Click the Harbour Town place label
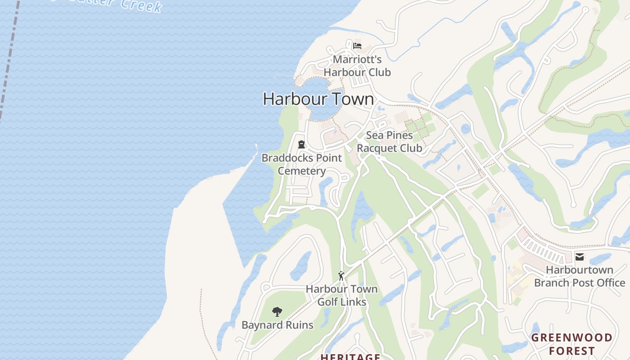click(318, 99)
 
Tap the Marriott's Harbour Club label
click(357, 66)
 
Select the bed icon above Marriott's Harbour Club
click(357, 45)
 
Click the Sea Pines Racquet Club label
click(389, 142)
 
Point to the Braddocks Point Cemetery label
click(301, 164)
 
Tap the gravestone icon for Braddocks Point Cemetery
click(301, 144)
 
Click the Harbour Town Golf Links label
click(342, 295)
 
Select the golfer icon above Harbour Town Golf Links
click(341, 275)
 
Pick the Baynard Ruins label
click(277, 325)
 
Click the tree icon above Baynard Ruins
click(277, 311)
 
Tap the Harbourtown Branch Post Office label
click(580, 276)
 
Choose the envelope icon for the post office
click(580, 257)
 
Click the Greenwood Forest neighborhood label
click(572, 344)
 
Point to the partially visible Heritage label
click(350, 357)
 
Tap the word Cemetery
click(301, 171)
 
